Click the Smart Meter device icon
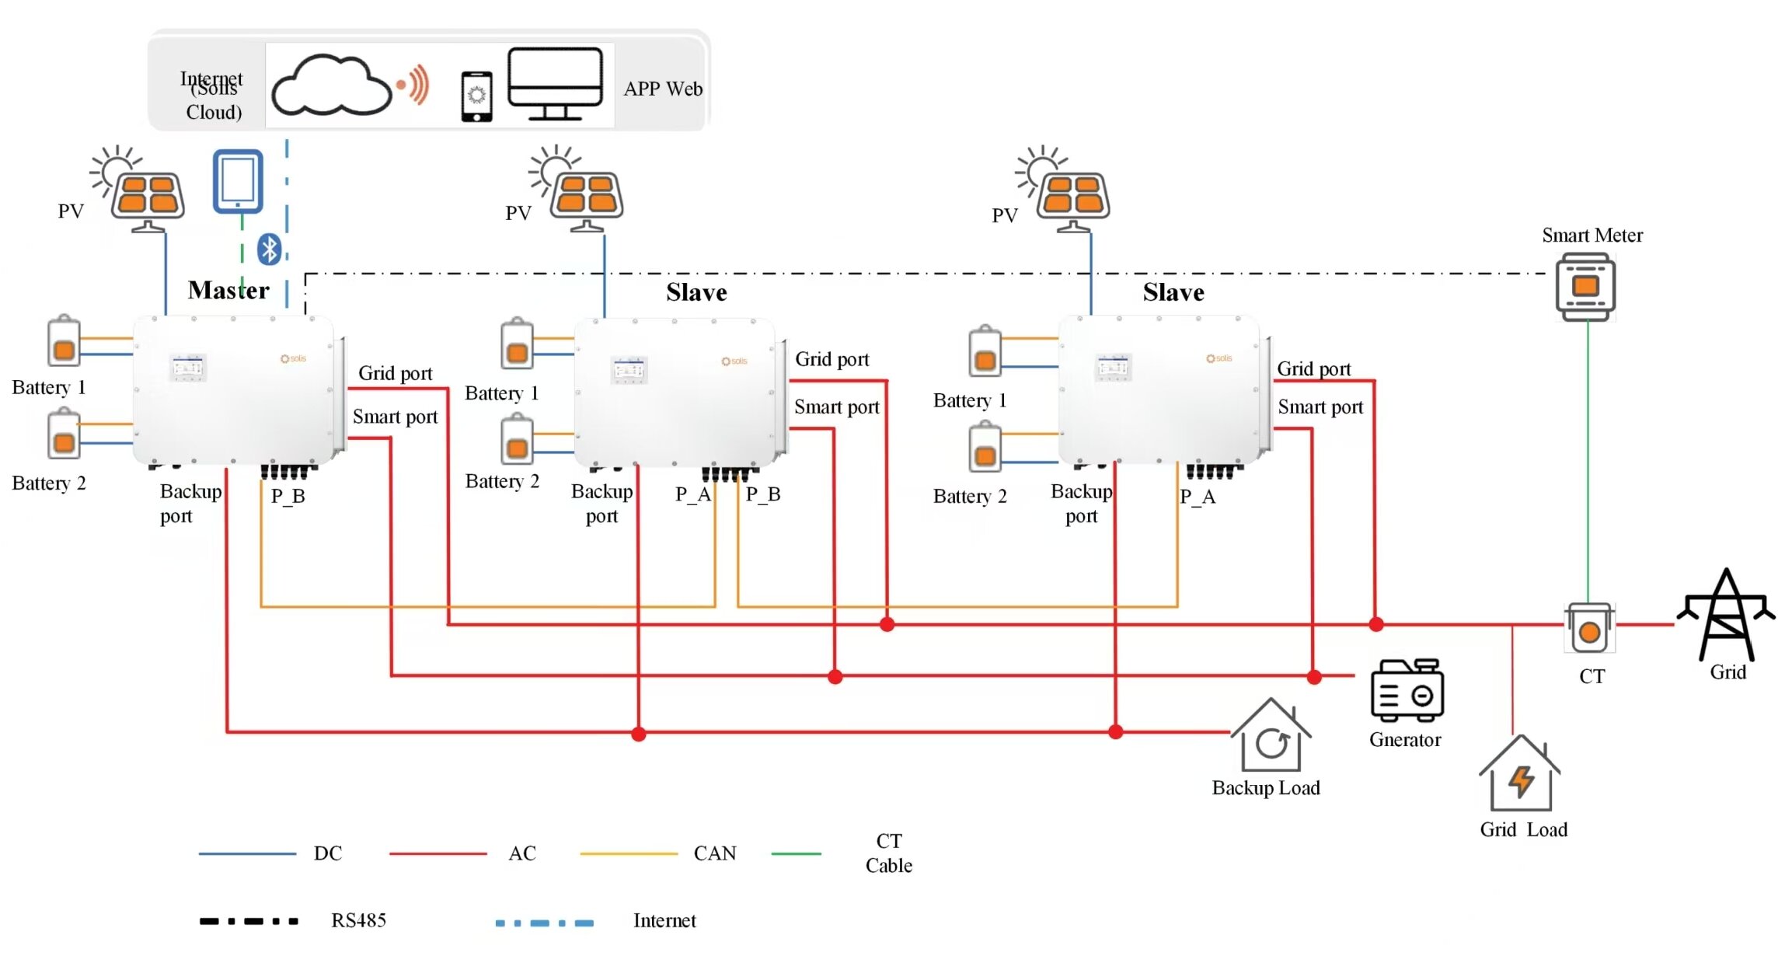click(x=1585, y=288)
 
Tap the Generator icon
click(x=1407, y=690)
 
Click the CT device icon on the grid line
click(x=1589, y=628)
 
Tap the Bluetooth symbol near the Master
click(x=269, y=249)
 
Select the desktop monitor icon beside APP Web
click(x=555, y=82)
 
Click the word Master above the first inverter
click(x=228, y=291)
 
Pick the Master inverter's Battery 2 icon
click(x=64, y=436)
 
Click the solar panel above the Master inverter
click(x=148, y=194)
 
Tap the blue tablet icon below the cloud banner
click(x=238, y=181)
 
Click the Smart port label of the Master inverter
click(x=395, y=417)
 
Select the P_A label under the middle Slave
click(x=692, y=494)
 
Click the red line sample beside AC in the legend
click(x=438, y=853)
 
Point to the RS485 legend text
click(x=358, y=921)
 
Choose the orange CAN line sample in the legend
click(x=629, y=853)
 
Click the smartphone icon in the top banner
click(x=476, y=96)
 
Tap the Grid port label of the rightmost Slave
click(x=1313, y=369)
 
